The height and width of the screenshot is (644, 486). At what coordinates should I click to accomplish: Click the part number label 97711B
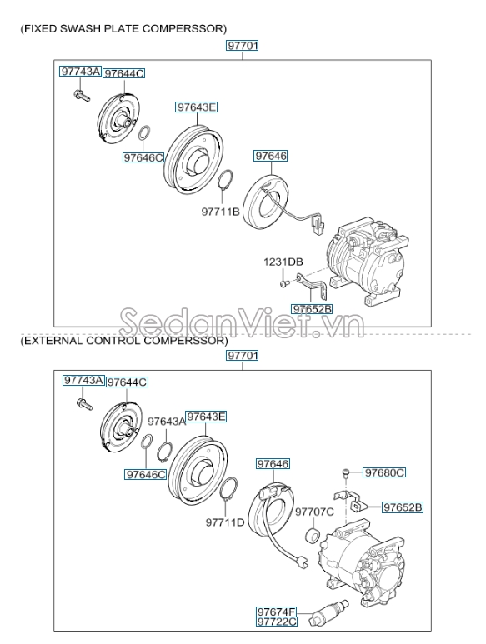(220, 212)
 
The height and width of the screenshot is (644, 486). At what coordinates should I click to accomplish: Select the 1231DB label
(283, 262)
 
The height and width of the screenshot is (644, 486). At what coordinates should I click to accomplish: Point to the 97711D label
(225, 522)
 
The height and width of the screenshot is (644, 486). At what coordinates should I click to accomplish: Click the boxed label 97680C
(384, 472)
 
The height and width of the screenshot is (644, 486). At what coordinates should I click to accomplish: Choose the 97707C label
(316, 511)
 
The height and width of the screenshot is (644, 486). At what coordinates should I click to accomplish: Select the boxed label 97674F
(276, 611)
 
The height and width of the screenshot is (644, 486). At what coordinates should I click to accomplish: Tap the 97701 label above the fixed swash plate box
(243, 47)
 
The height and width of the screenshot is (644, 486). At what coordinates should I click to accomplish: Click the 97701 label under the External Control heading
(243, 356)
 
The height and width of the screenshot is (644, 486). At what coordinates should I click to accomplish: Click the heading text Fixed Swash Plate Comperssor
(123, 29)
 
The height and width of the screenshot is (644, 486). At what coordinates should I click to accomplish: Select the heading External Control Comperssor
(123, 340)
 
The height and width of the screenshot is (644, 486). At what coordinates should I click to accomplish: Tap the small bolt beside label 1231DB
(283, 283)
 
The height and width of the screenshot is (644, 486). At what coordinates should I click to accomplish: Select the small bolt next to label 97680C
(347, 473)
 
